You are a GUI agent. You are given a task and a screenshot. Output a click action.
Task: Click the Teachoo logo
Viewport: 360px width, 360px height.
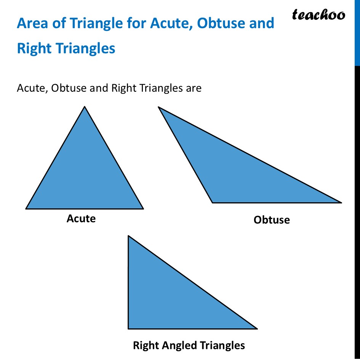click(x=318, y=15)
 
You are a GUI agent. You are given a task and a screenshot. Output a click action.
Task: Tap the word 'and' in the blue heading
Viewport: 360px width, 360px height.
click(x=261, y=24)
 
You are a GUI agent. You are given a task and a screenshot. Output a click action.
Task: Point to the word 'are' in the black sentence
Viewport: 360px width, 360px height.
click(x=193, y=88)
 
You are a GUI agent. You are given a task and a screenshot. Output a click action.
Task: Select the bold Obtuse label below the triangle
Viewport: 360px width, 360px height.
click(x=272, y=220)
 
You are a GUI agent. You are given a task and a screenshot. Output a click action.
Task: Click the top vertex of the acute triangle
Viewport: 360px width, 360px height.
click(x=85, y=107)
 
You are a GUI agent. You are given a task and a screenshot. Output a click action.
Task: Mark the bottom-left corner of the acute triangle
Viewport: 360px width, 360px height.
click(x=26, y=208)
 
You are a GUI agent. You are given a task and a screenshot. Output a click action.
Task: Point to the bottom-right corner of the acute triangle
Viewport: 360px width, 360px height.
click(x=143, y=208)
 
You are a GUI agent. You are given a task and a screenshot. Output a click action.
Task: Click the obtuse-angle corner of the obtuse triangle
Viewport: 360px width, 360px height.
click(x=213, y=202)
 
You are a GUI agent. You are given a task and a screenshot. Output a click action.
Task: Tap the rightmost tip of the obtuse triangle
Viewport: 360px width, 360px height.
click(x=341, y=202)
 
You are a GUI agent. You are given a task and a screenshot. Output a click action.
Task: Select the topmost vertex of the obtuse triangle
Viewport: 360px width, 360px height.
click(x=158, y=107)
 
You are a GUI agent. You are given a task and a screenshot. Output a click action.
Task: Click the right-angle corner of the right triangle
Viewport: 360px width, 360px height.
click(x=129, y=328)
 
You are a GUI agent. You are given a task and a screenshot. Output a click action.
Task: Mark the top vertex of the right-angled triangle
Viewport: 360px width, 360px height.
click(x=129, y=236)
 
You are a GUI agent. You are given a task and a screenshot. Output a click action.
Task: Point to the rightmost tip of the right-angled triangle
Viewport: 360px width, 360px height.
click(x=257, y=328)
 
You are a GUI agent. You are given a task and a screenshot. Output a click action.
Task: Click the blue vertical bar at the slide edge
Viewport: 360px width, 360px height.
click(x=357, y=32)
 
